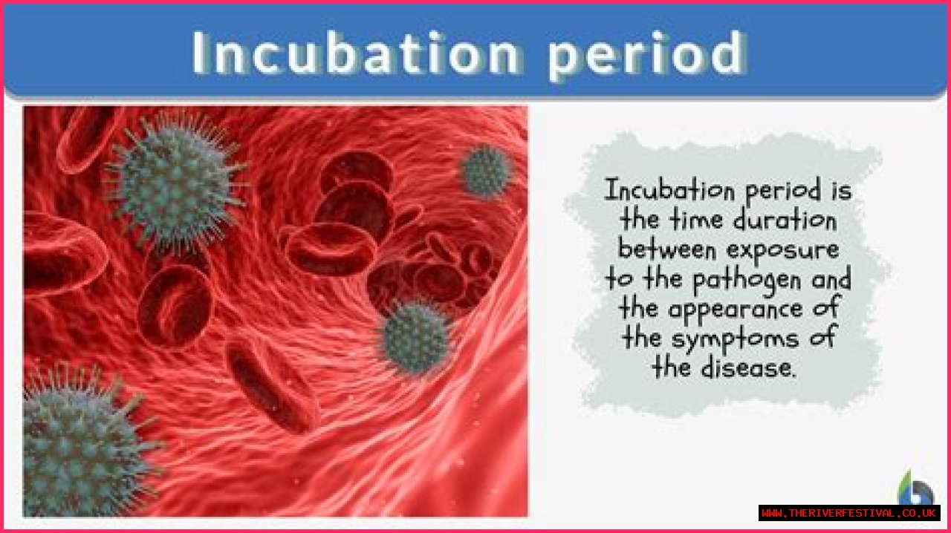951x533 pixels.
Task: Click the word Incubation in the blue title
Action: tap(356, 53)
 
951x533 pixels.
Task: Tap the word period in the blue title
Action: tap(647, 55)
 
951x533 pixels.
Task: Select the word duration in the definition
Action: tap(785, 220)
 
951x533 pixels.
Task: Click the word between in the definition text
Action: tap(667, 249)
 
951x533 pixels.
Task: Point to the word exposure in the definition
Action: tap(783, 250)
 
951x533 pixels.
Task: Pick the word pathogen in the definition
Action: tap(747, 280)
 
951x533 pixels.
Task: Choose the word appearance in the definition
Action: tap(736, 310)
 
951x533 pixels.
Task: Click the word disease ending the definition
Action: tap(747, 367)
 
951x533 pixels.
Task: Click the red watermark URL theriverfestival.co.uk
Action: tap(849, 513)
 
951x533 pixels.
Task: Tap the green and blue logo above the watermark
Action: tap(916, 488)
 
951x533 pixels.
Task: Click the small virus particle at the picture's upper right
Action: tap(485, 171)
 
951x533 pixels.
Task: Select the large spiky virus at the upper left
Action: tap(175, 183)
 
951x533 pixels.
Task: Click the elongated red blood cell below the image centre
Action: tap(272, 387)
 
